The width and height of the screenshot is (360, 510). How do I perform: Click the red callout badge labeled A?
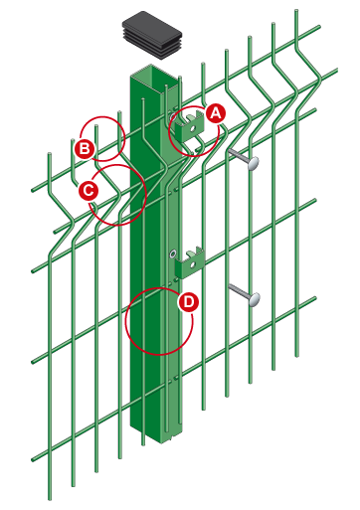tap(216, 113)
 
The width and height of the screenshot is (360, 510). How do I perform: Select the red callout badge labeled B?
tap(85, 148)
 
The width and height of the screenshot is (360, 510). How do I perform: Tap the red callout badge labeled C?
tap(89, 191)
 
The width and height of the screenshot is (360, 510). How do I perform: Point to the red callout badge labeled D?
tap(188, 302)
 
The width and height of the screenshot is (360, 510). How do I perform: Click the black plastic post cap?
tap(152, 35)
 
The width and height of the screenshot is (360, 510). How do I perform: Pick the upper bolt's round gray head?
tap(253, 163)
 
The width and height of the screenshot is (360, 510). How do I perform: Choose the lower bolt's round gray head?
tap(254, 299)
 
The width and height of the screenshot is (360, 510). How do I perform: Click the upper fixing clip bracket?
tap(189, 127)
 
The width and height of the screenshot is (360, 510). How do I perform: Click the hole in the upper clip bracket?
tap(192, 128)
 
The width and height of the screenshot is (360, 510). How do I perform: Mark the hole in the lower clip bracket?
tap(192, 264)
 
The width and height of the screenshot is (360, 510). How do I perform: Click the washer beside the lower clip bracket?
tap(172, 255)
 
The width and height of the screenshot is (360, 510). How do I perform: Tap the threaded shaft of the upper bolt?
tap(238, 156)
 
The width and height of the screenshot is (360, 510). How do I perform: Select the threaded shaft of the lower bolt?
tap(239, 291)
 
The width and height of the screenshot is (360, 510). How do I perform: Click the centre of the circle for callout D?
tap(159, 321)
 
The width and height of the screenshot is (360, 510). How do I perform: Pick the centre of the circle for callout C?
tap(117, 195)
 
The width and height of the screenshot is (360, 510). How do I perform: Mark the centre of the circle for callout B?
tap(102, 138)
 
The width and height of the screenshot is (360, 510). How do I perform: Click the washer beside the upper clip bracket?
tap(172, 116)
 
